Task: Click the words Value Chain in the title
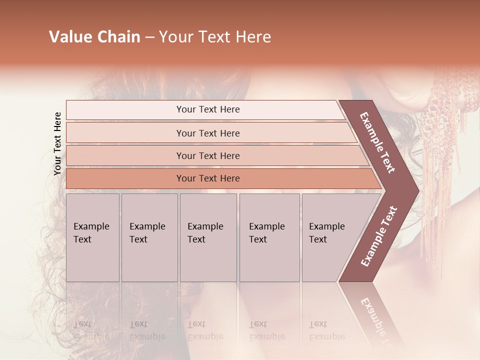(94, 37)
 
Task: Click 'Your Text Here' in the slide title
(215, 37)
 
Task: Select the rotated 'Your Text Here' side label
(57, 143)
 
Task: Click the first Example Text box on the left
(92, 237)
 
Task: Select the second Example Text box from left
(149, 237)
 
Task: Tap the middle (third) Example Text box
(208, 237)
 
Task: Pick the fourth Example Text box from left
(269, 237)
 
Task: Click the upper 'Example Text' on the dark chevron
(377, 142)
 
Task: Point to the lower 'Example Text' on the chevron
(379, 236)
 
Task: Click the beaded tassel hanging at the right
(442, 150)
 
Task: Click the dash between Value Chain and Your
(149, 37)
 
